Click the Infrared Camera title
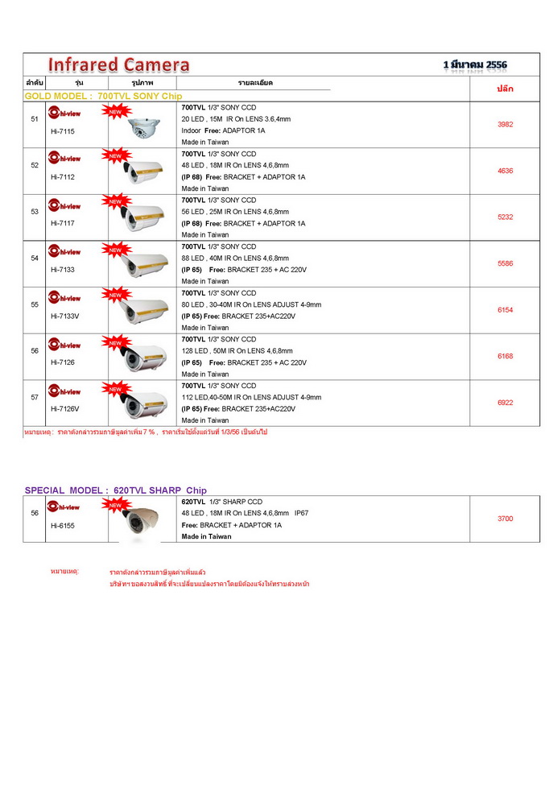coord(118,65)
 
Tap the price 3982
coord(505,125)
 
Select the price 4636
coord(505,171)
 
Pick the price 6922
coord(505,403)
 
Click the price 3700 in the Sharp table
coord(505,519)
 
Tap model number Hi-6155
coord(62,525)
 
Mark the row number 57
coord(35,398)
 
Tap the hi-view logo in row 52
coord(64,159)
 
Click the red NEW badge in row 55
coord(114,296)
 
